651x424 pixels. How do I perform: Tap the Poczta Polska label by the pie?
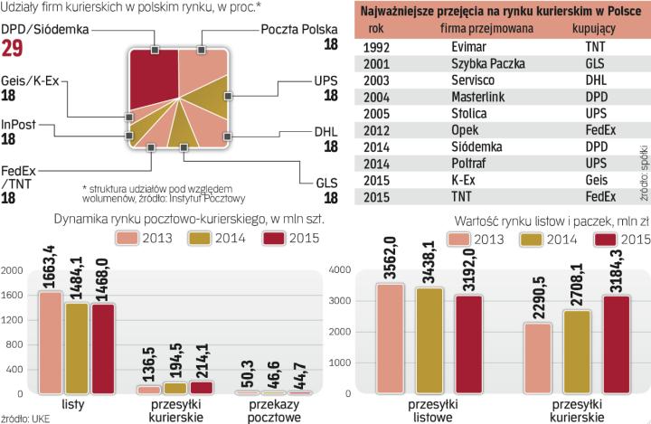(x=297, y=30)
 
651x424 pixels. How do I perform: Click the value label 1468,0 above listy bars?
(x=104, y=272)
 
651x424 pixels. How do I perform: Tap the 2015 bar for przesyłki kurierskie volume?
(x=200, y=387)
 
